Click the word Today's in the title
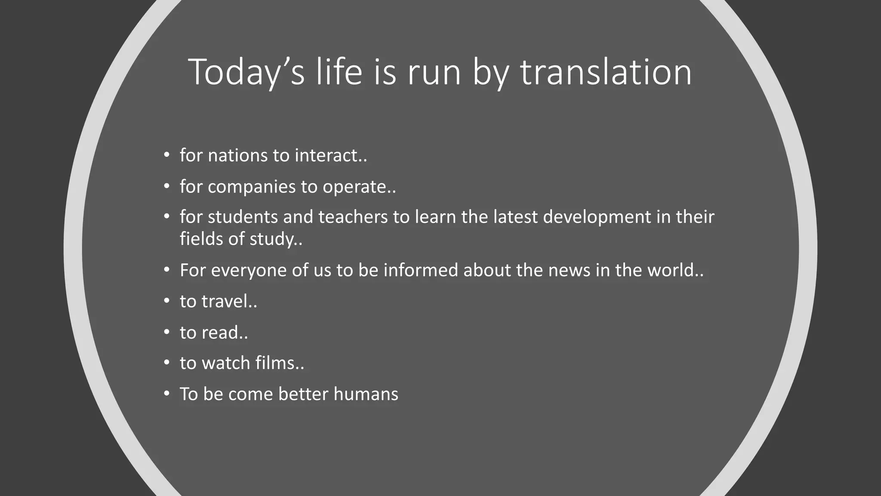(246, 72)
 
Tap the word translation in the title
(606, 72)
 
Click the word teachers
(353, 217)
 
